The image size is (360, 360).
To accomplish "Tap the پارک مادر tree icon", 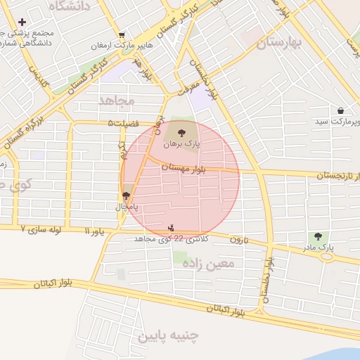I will pyautogui.click(x=318, y=237).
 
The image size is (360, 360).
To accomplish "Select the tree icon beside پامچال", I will pyautogui.click(x=127, y=196).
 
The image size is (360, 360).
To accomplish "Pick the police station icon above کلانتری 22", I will pyautogui.click(x=172, y=227).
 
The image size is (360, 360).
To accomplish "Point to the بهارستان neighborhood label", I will pyautogui.click(x=278, y=44).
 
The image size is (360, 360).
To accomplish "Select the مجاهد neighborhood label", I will pyautogui.click(x=116, y=101).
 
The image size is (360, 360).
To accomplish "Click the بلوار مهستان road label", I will pyautogui.click(x=181, y=167).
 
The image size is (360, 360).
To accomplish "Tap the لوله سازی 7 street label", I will pyautogui.click(x=41, y=229).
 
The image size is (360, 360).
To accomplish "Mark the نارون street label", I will pyautogui.click(x=238, y=239).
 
